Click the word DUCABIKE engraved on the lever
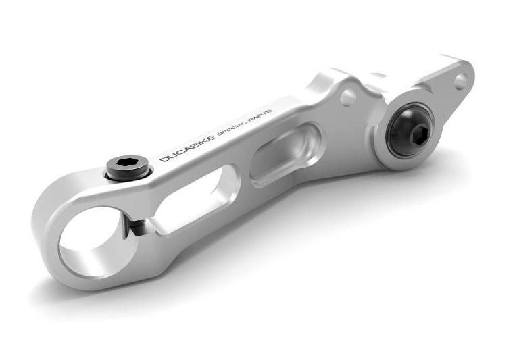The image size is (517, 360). point(187,147)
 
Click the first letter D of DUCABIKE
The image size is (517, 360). point(164,159)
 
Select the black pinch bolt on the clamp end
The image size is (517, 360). point(128,168)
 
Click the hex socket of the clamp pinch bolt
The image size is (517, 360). point(128,164)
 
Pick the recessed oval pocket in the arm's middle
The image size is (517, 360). point(284,156)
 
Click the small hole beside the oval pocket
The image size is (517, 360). point(348,98)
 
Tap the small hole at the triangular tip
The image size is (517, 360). point(461,81)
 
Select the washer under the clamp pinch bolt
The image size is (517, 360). point(128,176)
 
